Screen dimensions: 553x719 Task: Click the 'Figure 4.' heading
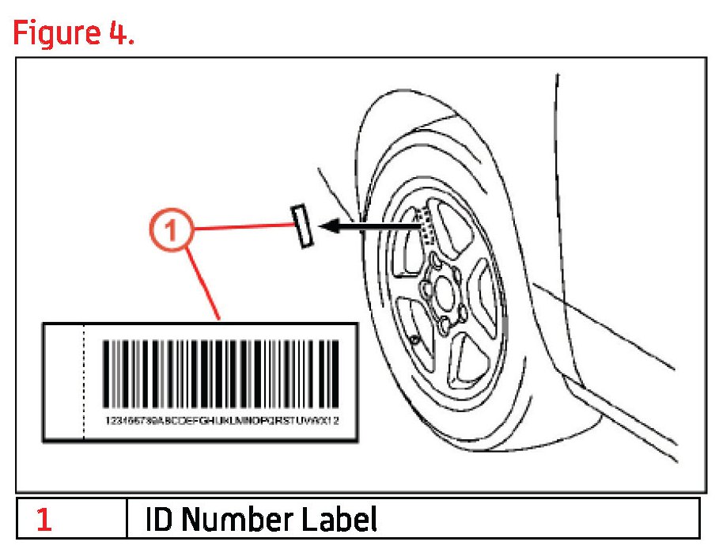click(x=72, y=34)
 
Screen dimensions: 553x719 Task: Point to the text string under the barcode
click(x=221, y=420)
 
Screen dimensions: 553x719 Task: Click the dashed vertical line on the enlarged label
click(x=85, y=380)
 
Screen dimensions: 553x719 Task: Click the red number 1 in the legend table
click(x=44, y=520)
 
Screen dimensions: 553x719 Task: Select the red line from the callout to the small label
click(x=241, y=228)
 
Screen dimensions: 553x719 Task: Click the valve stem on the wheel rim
click(x=414, y=339)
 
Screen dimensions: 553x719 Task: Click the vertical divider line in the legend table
click(x=127, y=519)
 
